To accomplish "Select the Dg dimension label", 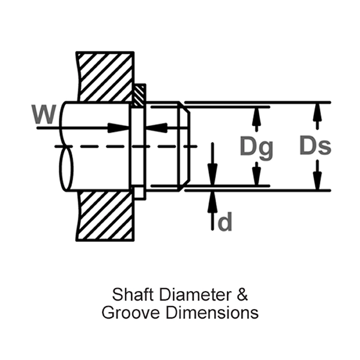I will tap(256, 147).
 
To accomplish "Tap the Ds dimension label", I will tap(316, 146).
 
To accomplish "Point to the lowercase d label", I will tap(224, 223).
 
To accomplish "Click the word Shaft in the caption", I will tap(129, 295).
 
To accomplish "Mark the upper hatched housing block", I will tap(105, 75).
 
